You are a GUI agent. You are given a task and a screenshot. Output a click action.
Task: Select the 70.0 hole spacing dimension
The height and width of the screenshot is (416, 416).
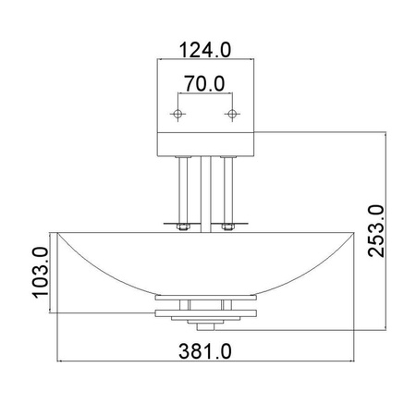pos(205,84)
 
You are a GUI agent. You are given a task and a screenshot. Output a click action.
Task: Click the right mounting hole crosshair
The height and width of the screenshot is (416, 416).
pos(231,114)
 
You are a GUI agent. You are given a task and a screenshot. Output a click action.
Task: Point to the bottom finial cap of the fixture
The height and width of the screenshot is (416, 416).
pos(205,324)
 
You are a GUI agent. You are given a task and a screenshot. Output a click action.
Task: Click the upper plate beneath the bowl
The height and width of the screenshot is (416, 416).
pos(205,300)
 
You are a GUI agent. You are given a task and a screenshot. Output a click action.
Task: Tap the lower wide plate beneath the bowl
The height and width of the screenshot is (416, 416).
pos(205,314)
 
